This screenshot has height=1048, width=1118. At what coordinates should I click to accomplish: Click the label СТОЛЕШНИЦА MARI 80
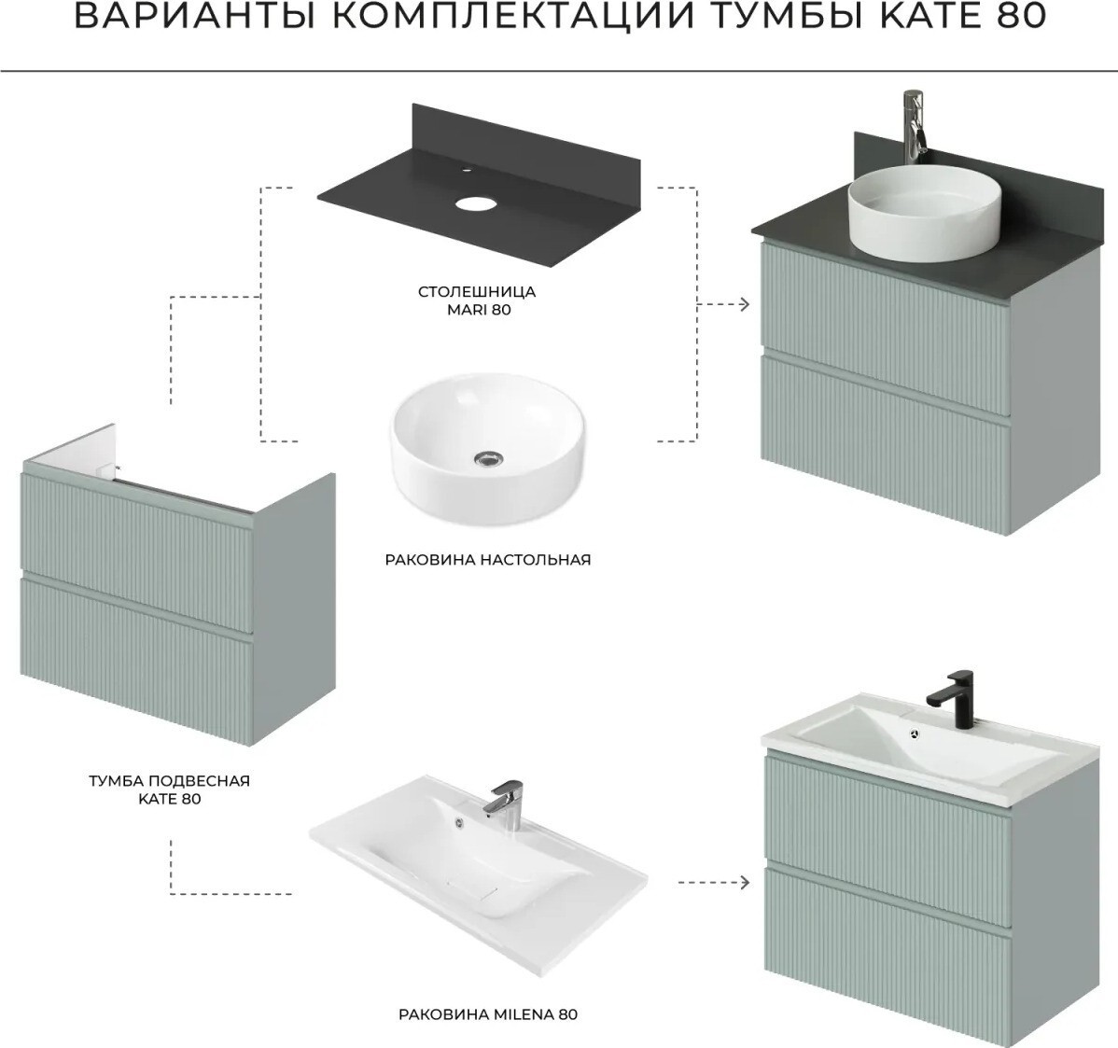pos(477,300)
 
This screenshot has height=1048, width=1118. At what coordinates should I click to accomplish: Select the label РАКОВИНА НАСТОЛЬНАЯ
pos(488,560)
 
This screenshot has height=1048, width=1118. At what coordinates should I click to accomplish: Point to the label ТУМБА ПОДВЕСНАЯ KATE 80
pos(170,789)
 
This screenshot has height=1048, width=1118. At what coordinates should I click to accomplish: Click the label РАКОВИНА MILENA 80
pos(488,1013)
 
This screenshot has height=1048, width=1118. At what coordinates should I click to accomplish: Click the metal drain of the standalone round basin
pos(488,458)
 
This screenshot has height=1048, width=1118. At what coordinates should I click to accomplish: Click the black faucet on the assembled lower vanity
pos(950,700)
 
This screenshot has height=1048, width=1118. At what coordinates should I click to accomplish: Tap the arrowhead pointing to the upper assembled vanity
pos(744,304)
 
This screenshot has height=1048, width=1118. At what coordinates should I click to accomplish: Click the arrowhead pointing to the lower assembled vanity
pos(744,883)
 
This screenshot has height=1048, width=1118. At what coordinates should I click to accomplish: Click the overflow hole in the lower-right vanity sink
pos(915,733)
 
